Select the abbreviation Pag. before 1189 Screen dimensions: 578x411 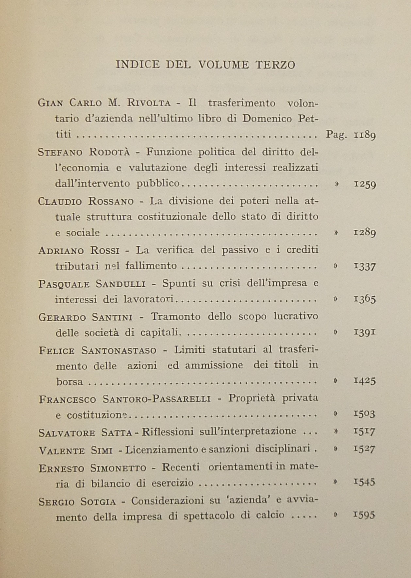pyautogui.click(x=337, y=135)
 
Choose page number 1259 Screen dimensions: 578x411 pyautogui.click(x=365, y=184)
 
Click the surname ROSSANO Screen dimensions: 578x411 pyautogui.click(x=111, y=201)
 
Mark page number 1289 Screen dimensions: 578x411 pyautogui.click(x=365, y=233)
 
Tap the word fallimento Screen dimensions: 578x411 pyautogui.click(x=151, y=265)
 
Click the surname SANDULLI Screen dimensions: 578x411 pyautogui.click(x=121, y=283)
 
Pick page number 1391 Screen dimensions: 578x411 pyautogui.click(x=365, y=332)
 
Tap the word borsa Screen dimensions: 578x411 pyautogui.click(x=70, y=381)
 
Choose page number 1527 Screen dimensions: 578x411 pyautogui.click(x=365, y=448)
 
